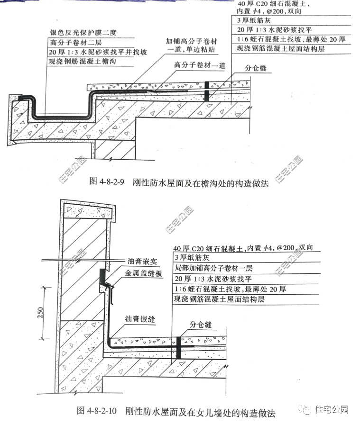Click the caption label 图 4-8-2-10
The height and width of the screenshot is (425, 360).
[97, 411]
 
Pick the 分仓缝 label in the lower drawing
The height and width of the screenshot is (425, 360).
[201, 325]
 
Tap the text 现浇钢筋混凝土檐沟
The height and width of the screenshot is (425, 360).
[83, 62]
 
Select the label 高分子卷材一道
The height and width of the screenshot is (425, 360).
[196, 64]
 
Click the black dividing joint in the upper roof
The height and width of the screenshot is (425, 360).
[207, 90]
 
